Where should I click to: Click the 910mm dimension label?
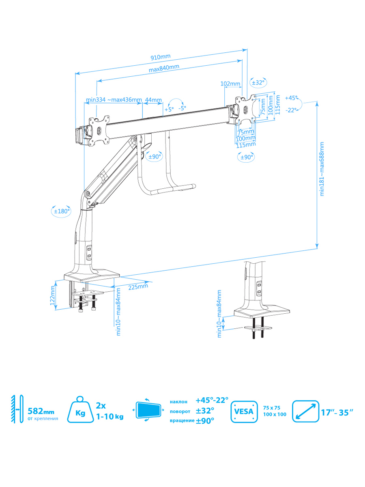point(161,57)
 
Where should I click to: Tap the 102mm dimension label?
point(230,84)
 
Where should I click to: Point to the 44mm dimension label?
point(153,100)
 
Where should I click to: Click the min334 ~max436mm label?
point(114,99)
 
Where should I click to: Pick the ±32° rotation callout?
point(258,82)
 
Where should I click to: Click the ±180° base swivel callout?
point(62,211)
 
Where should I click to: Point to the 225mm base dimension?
point(138,287)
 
